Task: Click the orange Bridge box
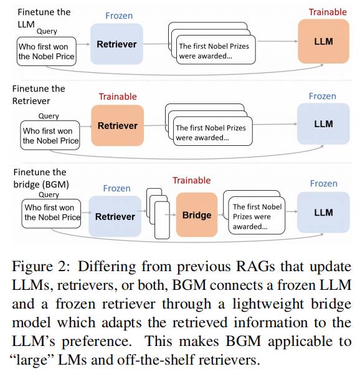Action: (197, 214)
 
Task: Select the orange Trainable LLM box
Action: (323, 41)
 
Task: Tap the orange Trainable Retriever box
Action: (118, 125)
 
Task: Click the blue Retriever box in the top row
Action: (116, 44)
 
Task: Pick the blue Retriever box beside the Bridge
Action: (115, 216)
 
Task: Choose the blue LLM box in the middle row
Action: (323, 124)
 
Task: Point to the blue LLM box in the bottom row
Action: (323, 213)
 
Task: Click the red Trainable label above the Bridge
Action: (192, 180)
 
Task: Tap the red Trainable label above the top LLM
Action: (328, 12)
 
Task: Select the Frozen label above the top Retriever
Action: (119, 16)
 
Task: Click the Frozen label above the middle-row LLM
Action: (323, 96)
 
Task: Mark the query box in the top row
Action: (47, 51)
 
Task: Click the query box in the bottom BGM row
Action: (51, 214)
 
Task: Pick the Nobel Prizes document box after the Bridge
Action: (257, 216)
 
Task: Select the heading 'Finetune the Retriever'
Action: (39, 95)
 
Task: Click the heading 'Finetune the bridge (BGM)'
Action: (41, 178)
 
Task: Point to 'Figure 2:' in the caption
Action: (41, 266)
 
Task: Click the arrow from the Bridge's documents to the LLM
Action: (291, 211)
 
